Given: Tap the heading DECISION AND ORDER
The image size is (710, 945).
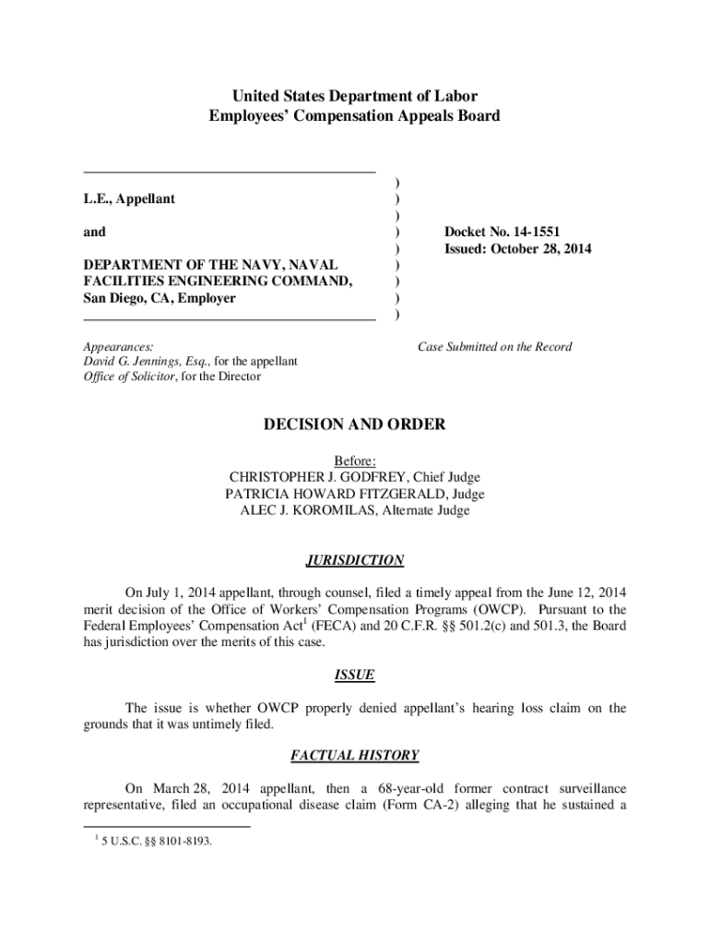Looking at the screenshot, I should (x=355, y=425).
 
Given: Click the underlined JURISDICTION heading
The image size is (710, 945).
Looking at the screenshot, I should (x=355, y=560).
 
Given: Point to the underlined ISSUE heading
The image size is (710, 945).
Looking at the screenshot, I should (x=355, y=675).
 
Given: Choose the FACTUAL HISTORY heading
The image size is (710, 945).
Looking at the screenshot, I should (x=355, y=756).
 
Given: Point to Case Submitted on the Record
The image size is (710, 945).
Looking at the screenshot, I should (x=494, y=347).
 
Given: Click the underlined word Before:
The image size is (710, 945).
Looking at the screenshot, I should (x=355, y=461).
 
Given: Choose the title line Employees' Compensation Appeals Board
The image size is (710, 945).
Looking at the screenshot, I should (x=355, y=116).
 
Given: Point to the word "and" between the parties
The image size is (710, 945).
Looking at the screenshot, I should (x=94, y=232).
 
